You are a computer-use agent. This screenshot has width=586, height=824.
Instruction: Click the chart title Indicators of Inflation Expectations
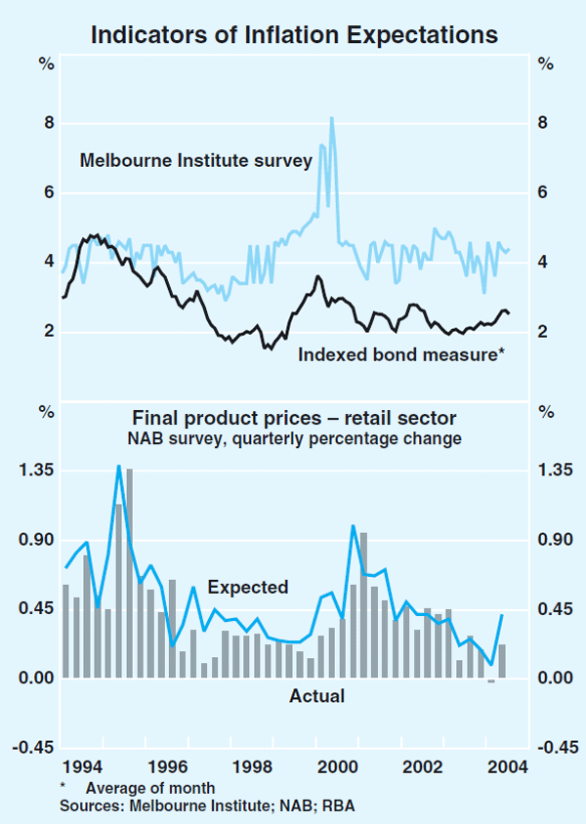point(294,35)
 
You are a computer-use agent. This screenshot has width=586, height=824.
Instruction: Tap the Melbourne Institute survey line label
point(195,159)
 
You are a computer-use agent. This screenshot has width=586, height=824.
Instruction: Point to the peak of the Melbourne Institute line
point(332,119)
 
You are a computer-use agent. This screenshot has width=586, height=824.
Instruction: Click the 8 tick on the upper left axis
point(45,124)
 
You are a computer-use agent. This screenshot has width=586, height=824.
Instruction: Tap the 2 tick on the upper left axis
point(45,332)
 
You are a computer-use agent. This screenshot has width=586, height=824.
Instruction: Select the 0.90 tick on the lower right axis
point(550,540)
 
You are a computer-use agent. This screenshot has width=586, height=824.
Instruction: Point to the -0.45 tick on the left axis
point(36,748)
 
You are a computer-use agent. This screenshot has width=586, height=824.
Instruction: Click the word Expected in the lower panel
point(248,588)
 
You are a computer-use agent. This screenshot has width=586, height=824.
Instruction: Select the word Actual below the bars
point(317,697)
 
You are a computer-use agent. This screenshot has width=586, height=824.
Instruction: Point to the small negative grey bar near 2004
point(491,681)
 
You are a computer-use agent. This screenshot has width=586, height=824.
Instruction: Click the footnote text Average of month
point(150,788)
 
